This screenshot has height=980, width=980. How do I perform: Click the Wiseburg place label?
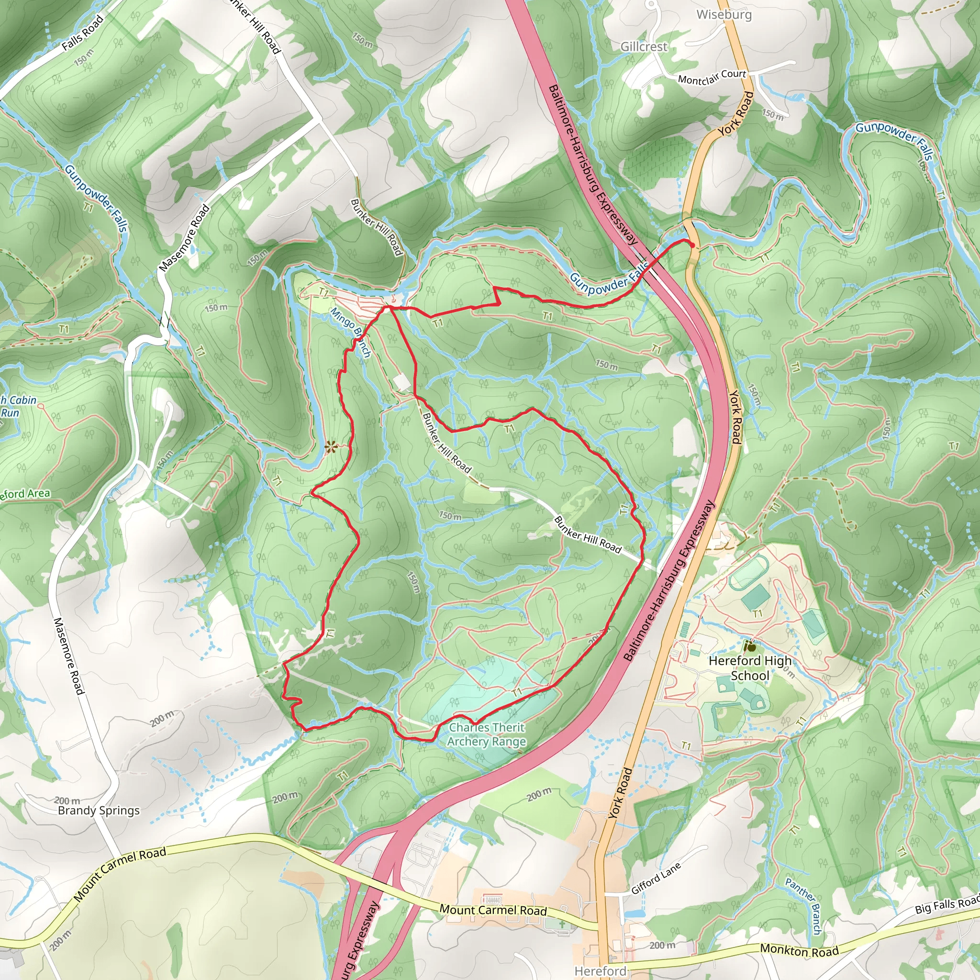[x=724, y=15]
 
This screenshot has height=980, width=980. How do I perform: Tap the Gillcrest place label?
[x=644, y=47]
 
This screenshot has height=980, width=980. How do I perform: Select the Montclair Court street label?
[x=712, y=77]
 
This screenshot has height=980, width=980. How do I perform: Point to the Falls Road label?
[x=83, y=33]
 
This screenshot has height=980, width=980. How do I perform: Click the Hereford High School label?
[x=750, y=668]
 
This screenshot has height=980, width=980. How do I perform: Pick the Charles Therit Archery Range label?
[x=487, y=735]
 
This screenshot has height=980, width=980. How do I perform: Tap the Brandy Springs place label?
[x=99, y=810]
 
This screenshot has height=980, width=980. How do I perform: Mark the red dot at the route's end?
[x=692, y=245]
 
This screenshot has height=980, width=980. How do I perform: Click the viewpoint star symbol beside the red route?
[x=331, y=447]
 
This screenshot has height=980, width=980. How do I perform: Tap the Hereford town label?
[x=600, y=971]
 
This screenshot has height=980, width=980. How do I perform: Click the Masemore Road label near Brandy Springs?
[x=68, y=656]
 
